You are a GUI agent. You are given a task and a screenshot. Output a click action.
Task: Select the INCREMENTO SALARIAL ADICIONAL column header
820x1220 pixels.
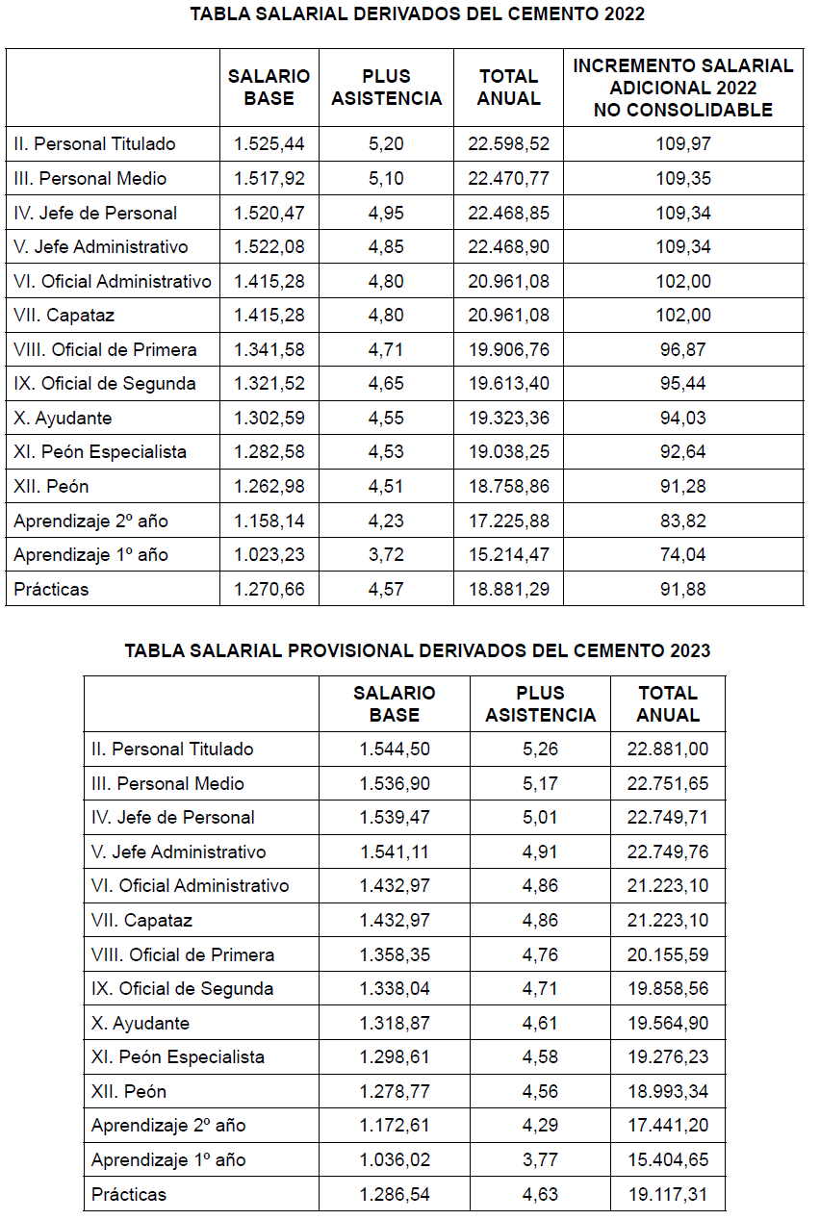(683, 88)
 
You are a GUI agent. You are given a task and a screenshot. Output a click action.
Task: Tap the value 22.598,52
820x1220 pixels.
(509, 144)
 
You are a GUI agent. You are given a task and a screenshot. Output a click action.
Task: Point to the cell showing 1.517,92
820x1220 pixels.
(269, 179)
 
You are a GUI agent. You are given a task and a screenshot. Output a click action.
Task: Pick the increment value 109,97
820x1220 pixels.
(683, 144)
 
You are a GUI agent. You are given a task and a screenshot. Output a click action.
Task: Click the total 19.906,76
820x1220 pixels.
(509, 349)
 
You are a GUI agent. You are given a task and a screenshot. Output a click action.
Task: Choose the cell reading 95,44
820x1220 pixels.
(683, 384)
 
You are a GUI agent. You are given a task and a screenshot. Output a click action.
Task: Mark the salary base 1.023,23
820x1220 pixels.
(269, 555)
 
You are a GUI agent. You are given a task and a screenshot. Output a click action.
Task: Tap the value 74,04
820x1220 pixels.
(683, 555)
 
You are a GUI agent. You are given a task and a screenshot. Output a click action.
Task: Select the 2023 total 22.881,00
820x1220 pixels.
(668, 750)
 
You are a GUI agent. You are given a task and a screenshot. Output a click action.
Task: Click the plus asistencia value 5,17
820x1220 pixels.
(540, 784)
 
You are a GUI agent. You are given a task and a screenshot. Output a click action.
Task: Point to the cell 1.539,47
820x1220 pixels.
(395, 818)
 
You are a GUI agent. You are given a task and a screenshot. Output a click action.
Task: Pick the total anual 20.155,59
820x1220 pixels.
(668, 954)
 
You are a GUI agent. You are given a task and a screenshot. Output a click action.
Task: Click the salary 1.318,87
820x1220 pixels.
(395, 1023)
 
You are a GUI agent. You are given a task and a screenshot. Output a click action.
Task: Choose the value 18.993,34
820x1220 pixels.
(668, 1091)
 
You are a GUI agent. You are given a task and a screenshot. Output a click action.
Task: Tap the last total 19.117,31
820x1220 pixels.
(668, 1194)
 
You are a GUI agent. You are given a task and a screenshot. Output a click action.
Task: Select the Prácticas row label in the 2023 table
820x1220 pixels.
(129, 1194)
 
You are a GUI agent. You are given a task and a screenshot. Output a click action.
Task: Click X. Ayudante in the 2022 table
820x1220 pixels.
(63, 419)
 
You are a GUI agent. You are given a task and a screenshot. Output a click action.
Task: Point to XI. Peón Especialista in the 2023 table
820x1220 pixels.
(178, 1057)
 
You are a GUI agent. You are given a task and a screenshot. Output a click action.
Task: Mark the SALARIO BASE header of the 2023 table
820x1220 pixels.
(395, 703)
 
